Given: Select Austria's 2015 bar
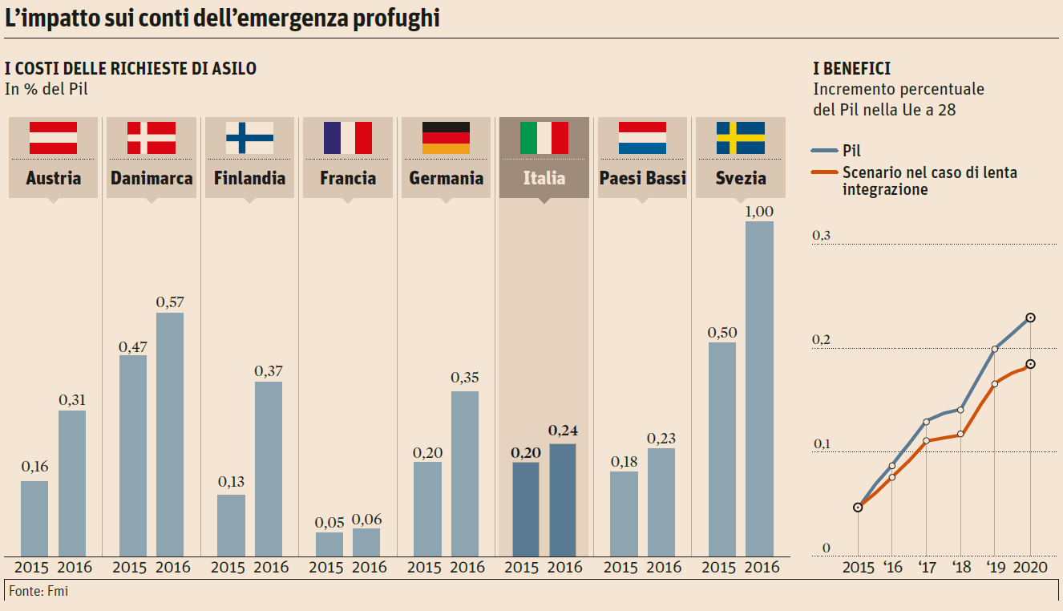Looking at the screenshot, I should (34, 518).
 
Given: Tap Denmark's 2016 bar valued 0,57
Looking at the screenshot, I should (169, 434).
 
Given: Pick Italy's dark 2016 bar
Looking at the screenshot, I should (563, 500).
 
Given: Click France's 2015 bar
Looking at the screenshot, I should (329, 544).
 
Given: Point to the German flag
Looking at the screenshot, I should (446, 138).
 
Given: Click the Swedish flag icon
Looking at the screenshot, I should (740, 138).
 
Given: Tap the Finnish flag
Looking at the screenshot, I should (249, 138).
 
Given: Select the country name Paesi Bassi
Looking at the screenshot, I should (642, 178).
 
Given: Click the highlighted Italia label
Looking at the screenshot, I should (544, 178).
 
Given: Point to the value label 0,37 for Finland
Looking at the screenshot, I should (269, 371).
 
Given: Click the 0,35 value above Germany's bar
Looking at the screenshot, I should (465, 377).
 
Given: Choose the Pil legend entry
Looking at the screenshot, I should (852, 150).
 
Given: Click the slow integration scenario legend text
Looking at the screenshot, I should (929, 181).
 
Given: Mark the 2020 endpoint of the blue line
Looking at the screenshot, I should (1030, 318).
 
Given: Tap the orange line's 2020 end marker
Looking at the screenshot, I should (1030, 364).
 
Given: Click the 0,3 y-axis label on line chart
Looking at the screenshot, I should (822, 236).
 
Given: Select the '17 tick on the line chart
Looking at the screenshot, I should (927, 568).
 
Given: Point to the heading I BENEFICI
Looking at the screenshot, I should (851, 70).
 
